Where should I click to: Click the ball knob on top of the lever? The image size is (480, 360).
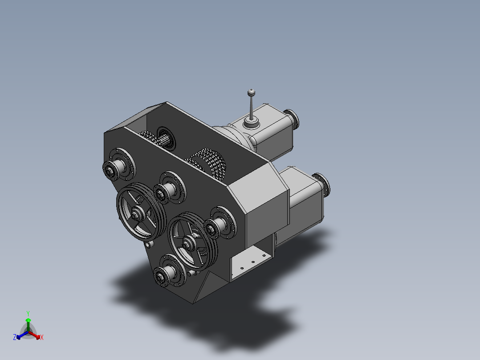click(x=252, y=92)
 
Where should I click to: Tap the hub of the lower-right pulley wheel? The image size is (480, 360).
click(x=190, y=242)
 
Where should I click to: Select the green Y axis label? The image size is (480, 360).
click(x=28, y=313)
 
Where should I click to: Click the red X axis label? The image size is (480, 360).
click(x=42, y=338)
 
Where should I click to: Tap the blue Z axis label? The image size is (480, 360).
click(x=15, y=337)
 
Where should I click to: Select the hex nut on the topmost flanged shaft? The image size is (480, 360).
click(x=108, y=169)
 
